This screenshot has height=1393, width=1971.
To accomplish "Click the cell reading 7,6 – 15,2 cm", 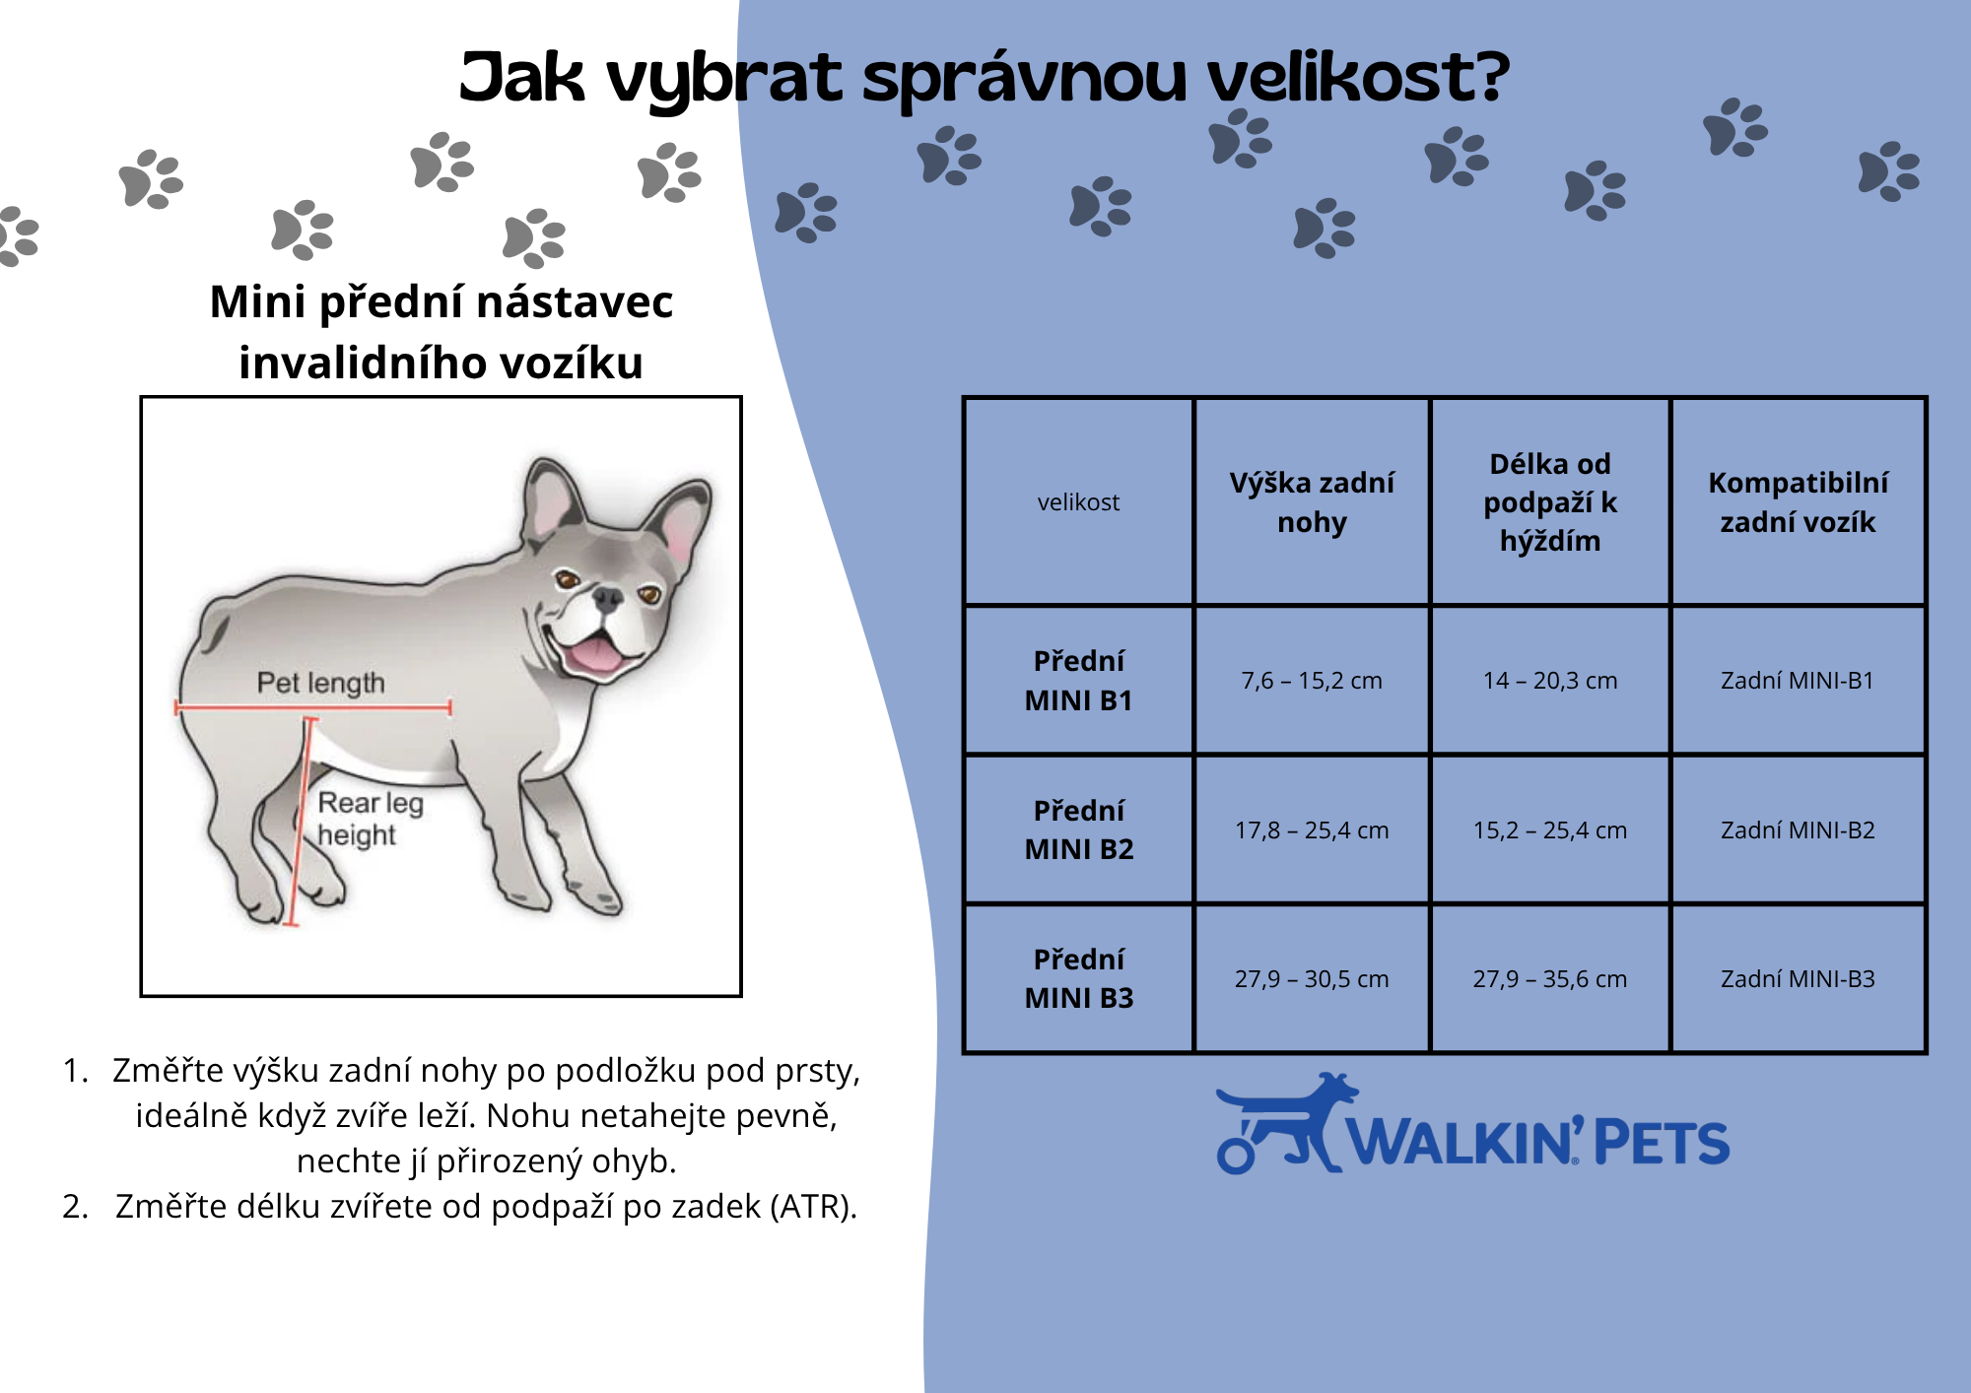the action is [x=1312, y=681].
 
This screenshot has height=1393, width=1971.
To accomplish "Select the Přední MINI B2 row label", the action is [x=1079, y=829].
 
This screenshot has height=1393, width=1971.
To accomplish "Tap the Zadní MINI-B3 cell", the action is [x=1798, y=978].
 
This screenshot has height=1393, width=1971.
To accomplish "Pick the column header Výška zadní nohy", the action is [x=1312, y=501].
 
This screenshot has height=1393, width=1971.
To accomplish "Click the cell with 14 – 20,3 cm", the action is [x=1550, y=681].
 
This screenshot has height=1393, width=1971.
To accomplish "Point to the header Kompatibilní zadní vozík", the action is [x=1798, y=501].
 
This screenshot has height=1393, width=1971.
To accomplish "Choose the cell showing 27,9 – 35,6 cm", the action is [x=1550, y=978].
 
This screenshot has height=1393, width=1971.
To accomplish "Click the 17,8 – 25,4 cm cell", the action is [x=1312, y=830].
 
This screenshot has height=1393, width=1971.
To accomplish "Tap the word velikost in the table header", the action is [x=1078, y=502].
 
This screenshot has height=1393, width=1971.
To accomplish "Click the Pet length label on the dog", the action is [x=320, y=682].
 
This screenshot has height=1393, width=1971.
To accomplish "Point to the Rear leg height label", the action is [x=370, y=819].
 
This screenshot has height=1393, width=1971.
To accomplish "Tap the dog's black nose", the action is [x=608, y=597].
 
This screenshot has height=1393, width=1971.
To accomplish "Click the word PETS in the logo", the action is [x=1661, y=1143].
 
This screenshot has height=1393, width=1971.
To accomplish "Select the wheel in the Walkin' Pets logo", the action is [x=1236, y=1155].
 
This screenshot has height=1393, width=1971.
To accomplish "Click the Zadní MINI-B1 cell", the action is [x=1798, y=681].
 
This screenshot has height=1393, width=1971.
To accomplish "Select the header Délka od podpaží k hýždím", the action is [x=1550, y=501].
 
